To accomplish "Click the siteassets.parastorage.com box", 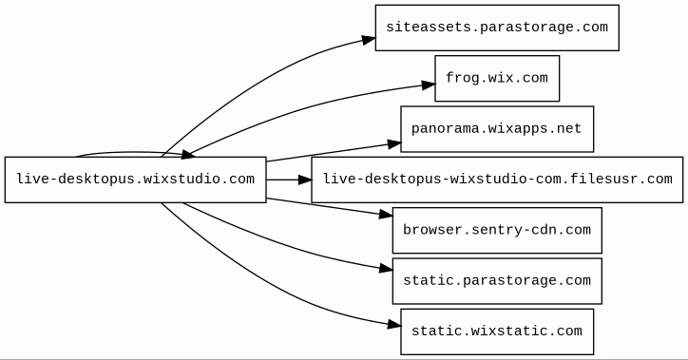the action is [x=497, y=28].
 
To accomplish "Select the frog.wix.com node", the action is [x=497, y=78].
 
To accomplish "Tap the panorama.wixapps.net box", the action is [x=497, y=129].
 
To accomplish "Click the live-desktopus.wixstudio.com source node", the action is [x=136, y=180].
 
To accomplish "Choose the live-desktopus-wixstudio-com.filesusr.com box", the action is [x=497, y=180].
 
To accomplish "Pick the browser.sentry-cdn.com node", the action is [x=497, y=230].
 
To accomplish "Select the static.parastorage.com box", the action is [x=497, y=281].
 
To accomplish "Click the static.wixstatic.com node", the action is [x=497, y=332].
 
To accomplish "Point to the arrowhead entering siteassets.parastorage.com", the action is [x=369, y=40].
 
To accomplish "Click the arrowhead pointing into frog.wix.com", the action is [x=429, y=85].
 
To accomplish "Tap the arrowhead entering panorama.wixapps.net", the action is [x=394, y=143].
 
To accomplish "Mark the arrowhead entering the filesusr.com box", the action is [x=305, y=180].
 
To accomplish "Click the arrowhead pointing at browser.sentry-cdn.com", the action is [x=386, y=214].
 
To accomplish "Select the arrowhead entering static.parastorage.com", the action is [x=386, y=269].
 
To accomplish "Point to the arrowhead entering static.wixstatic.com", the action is [x=394, y=325].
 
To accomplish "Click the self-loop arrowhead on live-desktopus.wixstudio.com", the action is [x=188, y=154].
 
